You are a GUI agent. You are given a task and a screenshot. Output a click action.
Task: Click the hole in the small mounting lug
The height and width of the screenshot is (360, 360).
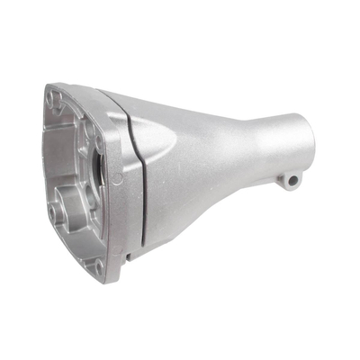pyautogui.click(x=292, y=180)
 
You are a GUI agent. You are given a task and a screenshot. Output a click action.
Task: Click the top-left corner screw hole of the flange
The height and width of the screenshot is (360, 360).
pyautogui.click(x=55, y=96)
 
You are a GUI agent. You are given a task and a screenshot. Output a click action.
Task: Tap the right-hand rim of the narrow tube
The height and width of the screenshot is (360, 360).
pyautogui.click(x=311, y=135)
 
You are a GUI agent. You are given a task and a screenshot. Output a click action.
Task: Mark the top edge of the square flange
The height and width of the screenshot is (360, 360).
pyautogui.click(x=81, y=89)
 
